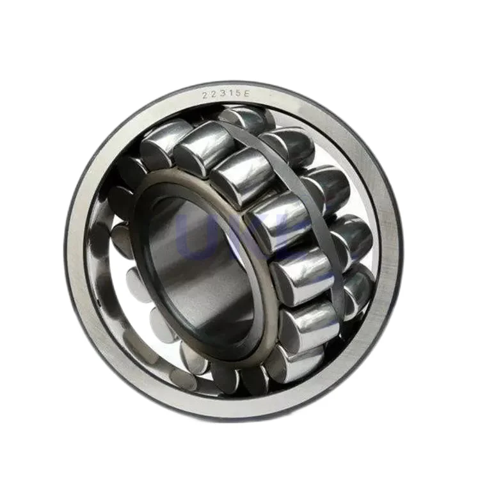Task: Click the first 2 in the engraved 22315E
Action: point(205,95)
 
